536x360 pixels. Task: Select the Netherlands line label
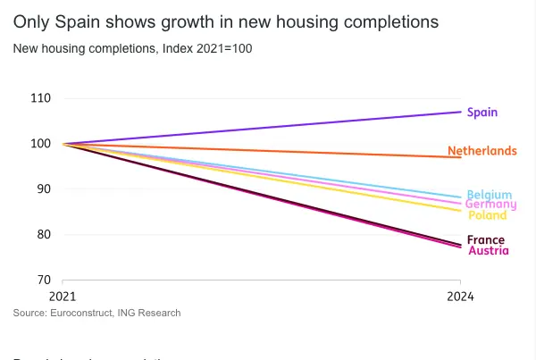pos(482,151)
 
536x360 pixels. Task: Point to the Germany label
pos(490,205)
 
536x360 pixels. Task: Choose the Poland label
pos(487,215)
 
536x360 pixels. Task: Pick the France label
pos(486,240)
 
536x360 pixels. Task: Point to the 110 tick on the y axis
pos(40,97)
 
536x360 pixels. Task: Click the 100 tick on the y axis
pos(40,144)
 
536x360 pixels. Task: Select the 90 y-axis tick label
pos(43,189)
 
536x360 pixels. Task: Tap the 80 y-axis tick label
pos(43,235)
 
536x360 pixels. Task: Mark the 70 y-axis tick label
pos(43,280)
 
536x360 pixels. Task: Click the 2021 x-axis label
pos(63,297)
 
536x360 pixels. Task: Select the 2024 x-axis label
pos(461,297)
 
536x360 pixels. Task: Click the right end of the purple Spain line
pos(460,112)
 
